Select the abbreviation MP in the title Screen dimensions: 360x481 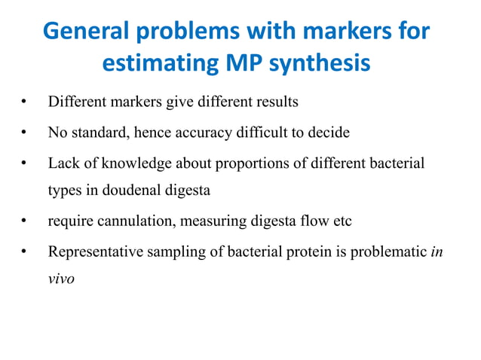243,63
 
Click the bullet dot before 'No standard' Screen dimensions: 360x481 25,133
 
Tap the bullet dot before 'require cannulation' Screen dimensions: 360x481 25,222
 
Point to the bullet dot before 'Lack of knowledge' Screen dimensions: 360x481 25,163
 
